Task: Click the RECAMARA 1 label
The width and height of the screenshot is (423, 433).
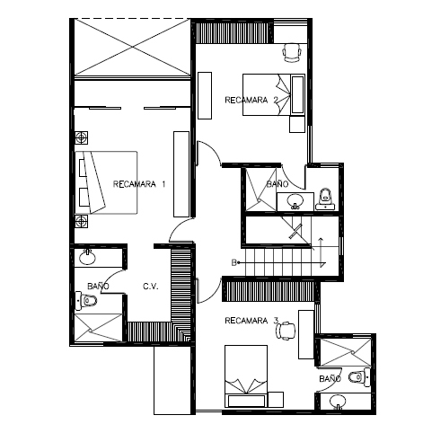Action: (139, 184)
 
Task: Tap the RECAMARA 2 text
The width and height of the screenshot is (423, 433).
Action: (251, 100)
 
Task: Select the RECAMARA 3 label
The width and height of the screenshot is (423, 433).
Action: (251, 321)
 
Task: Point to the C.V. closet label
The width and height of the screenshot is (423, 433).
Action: (150, 287)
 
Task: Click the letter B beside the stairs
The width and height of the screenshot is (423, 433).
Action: (234, 263)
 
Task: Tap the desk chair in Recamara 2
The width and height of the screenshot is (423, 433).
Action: (292, 52)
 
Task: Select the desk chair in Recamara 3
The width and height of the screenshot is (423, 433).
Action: (286, 331)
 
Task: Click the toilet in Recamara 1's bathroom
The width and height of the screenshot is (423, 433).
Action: (86, 300)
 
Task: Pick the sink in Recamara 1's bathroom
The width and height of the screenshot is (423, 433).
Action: (87, 258)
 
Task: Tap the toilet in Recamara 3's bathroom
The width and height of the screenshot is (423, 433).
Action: (359, 377)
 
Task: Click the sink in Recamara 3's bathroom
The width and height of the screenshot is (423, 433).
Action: (338, 402)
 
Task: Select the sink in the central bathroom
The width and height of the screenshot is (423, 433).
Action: (295, 201)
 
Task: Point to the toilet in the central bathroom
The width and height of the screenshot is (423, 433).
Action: (325, 199)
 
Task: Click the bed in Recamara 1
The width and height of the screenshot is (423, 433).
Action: (106, 182)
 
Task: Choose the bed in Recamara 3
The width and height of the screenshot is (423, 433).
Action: (246, 376)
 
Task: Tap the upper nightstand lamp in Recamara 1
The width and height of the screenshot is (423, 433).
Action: (82, 137)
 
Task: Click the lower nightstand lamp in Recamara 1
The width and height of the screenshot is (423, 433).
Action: (82, 221)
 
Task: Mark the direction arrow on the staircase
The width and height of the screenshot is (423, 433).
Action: (321, 252)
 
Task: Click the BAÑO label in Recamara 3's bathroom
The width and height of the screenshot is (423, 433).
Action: (330, 379)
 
